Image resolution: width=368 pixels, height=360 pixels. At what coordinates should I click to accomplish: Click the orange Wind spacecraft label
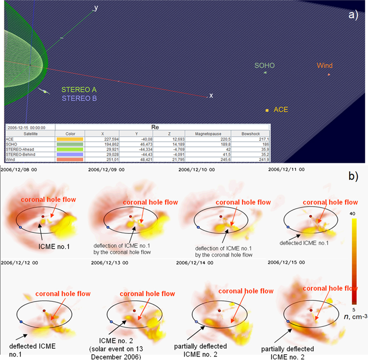point(325,65)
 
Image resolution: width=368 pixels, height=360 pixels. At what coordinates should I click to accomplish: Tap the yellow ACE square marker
point(267,111)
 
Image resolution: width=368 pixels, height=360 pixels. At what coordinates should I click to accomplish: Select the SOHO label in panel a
point(265,65)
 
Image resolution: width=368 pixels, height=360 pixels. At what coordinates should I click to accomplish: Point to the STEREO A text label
point(79,89)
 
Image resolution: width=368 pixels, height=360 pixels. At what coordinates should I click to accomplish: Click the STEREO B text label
point(79,98)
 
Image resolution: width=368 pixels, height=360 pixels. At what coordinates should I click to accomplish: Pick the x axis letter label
point(211,95)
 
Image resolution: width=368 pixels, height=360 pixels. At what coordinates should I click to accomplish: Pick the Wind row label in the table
point(10,159)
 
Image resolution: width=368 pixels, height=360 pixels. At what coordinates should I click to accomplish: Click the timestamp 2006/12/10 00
point(195,170)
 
